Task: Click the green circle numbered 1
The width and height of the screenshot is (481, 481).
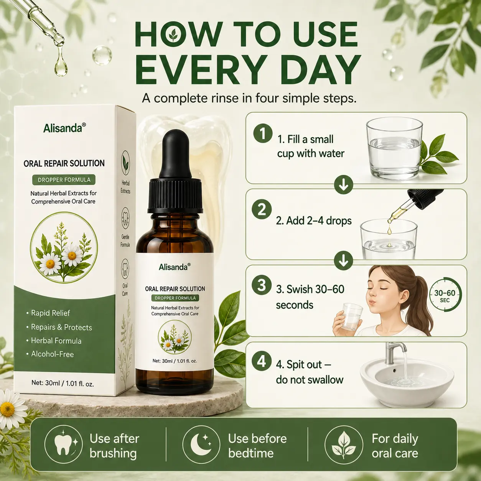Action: click(x=263, y=133)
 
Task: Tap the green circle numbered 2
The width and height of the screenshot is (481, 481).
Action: click(x=262, y=209)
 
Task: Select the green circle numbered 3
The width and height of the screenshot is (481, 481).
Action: click(x=262, y=285)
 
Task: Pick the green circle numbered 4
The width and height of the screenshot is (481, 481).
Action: click(x=262, y=361)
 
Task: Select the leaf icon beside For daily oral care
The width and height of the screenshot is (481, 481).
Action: click(x=344, y=445)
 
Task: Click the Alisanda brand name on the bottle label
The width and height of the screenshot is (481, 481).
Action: click(x=175, y=267)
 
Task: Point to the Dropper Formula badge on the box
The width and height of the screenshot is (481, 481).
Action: click(x=64, y=180)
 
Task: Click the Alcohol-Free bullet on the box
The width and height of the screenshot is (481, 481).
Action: click(x=50, y=354)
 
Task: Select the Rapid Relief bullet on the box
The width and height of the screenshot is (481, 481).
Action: click(x=48, y=313)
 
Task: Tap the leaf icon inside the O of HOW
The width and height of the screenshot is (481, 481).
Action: click(x=173, y=36)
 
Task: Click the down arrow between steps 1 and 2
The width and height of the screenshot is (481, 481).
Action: click(x=343, y=185)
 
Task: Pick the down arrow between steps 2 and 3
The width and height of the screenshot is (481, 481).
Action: click(x=343, y=260)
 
